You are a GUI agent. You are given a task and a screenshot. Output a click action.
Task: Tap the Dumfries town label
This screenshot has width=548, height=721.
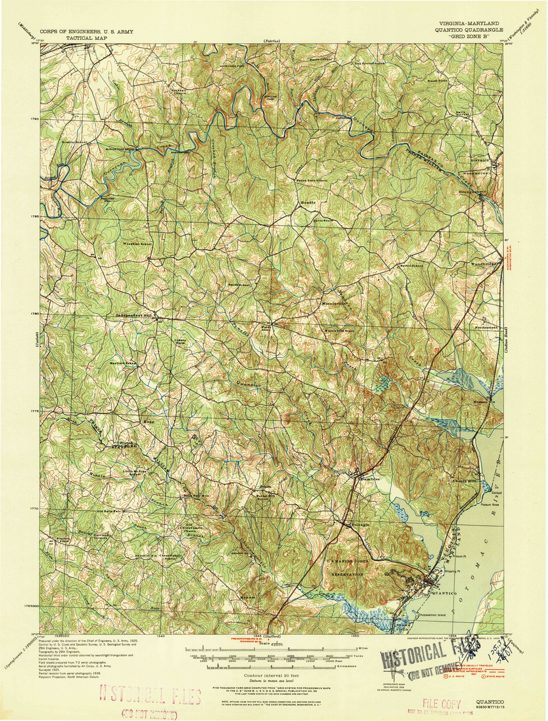369,479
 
